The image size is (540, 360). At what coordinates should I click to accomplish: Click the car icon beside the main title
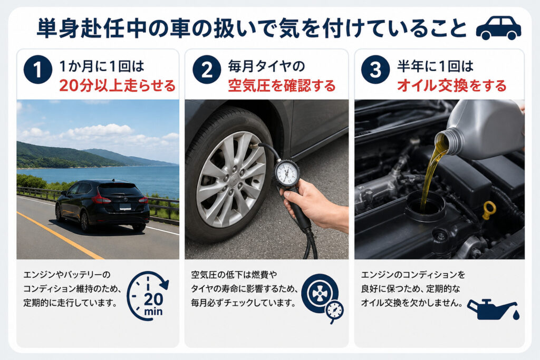(498, 27)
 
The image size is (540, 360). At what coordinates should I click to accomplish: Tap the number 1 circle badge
(38, 70)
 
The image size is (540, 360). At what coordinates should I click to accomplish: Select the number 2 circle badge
(207, 70)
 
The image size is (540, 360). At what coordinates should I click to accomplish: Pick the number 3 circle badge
(375, 70)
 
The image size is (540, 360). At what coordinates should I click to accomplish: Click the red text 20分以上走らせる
(118, 86)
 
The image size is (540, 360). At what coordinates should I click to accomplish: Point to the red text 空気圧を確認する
(282, 86)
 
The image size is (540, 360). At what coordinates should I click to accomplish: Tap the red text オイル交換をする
(452, 86)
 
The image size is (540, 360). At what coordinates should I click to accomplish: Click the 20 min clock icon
(148, 296)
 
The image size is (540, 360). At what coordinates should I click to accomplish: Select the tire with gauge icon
(322, 298)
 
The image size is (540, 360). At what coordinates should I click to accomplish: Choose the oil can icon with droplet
(493, 309)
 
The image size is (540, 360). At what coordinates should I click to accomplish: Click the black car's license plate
(125, 207)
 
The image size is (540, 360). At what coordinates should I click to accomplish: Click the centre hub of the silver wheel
(234, 178)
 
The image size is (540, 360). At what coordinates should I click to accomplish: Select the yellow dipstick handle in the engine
(489, 210)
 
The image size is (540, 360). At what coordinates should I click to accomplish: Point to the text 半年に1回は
(435, 66)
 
